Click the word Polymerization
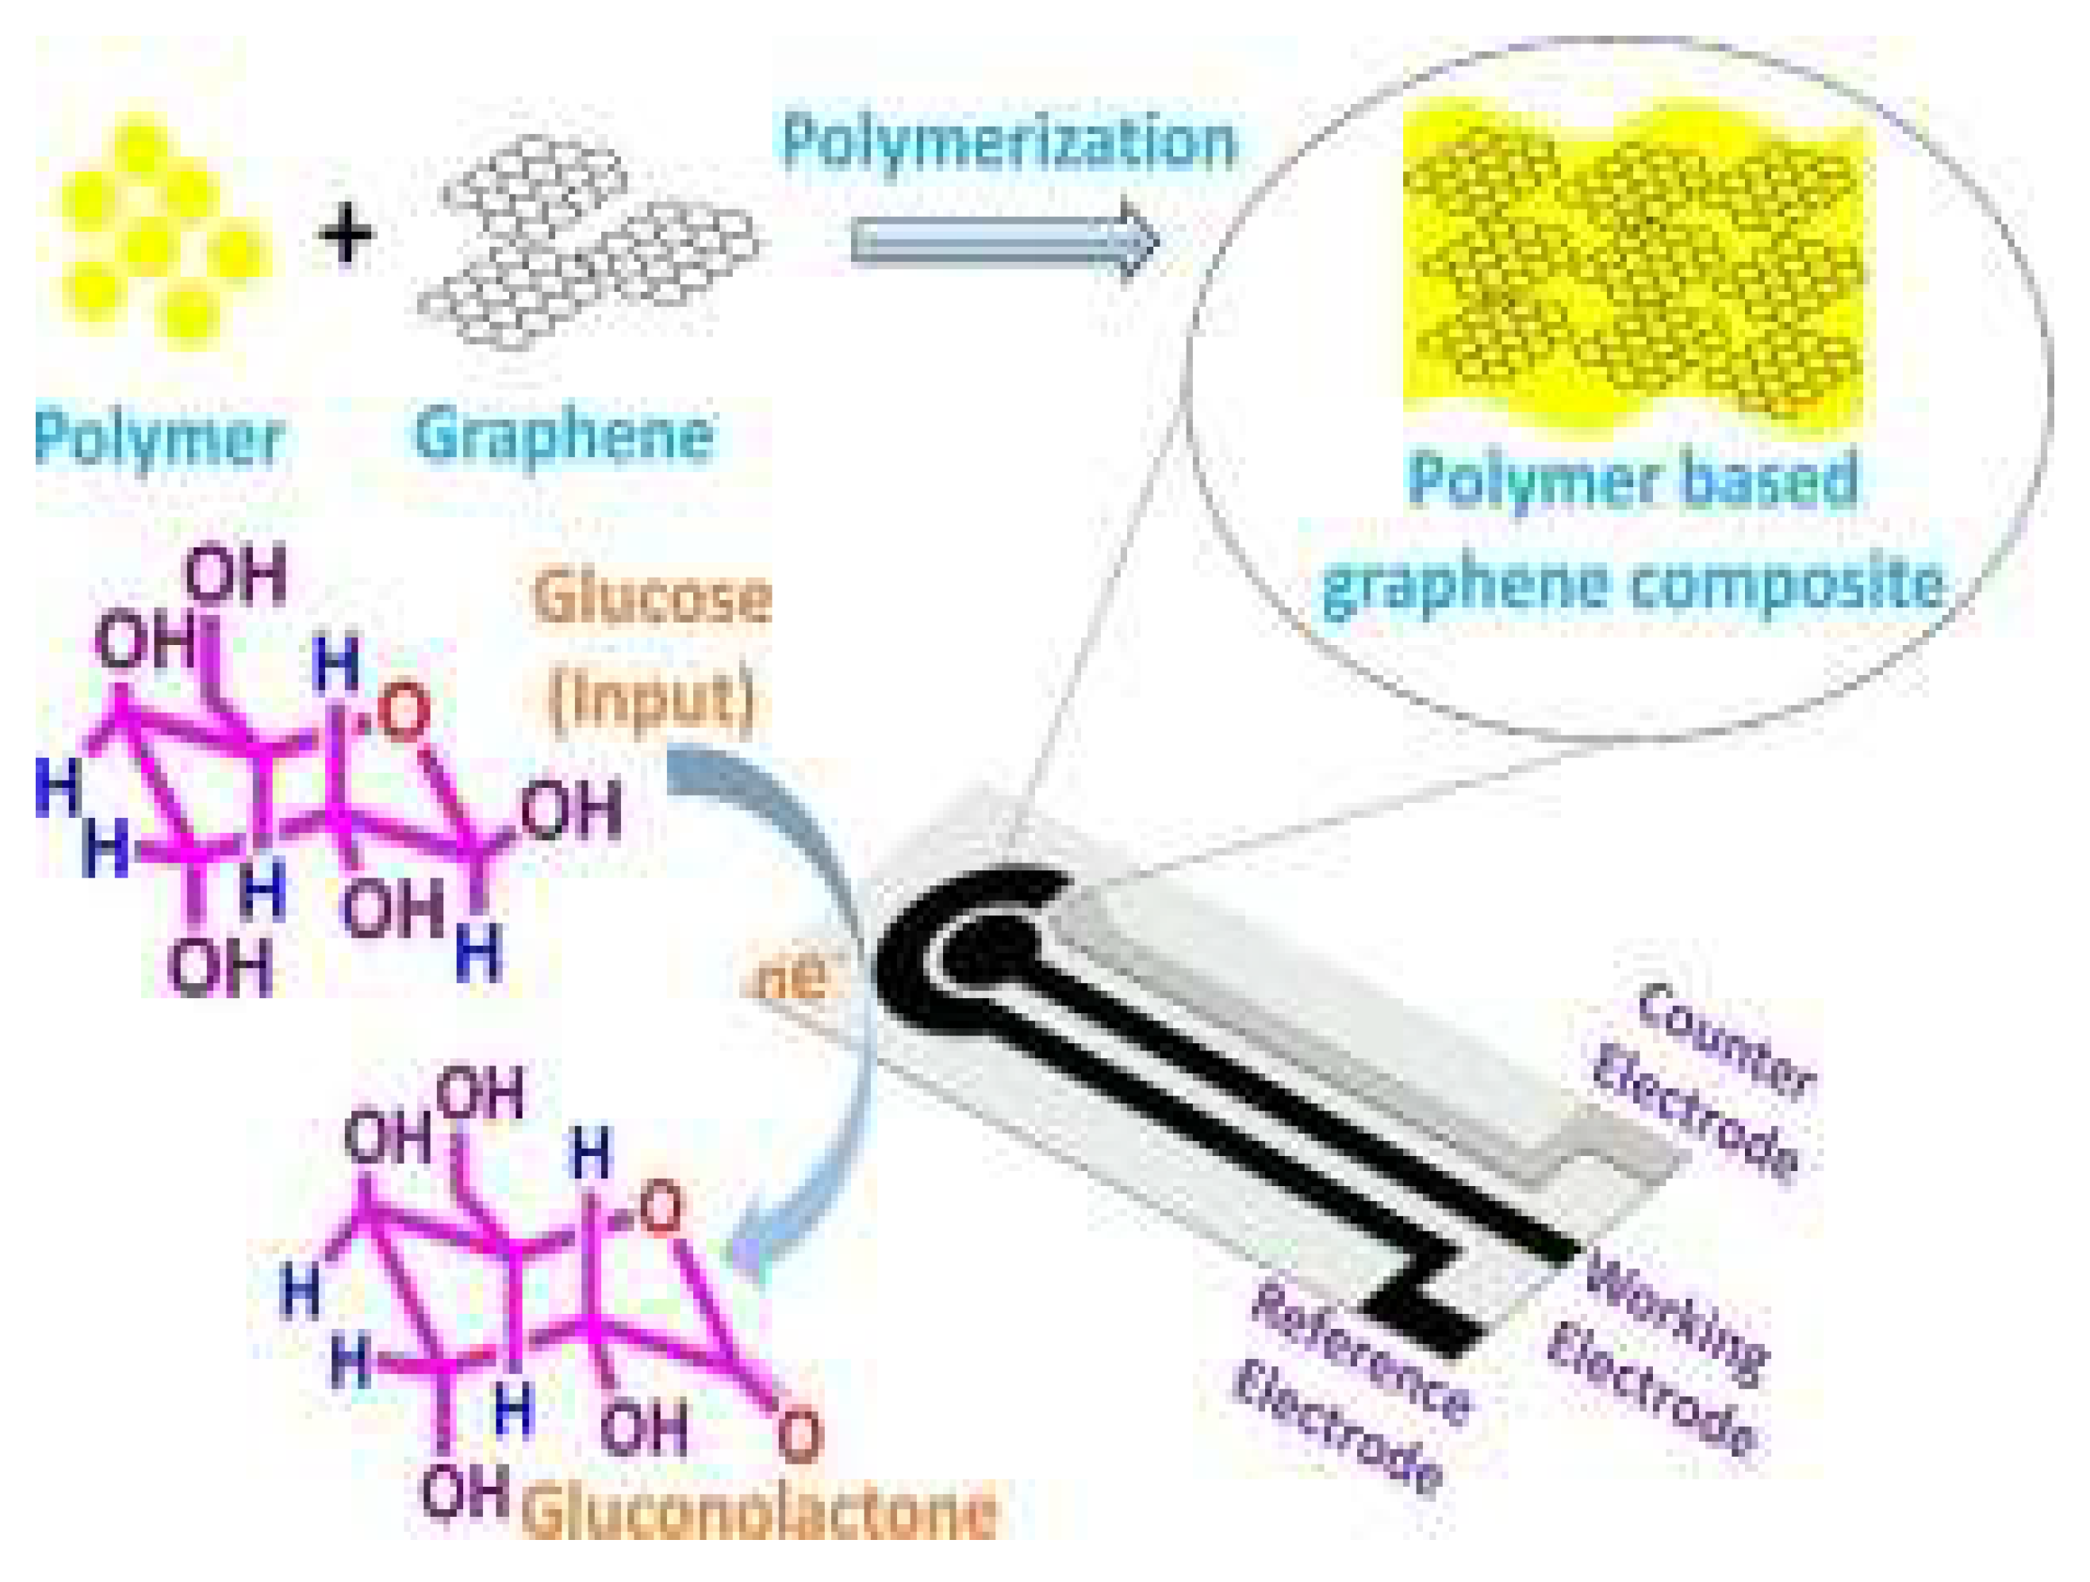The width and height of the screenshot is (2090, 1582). pyautogui.click(x=1008, y=142)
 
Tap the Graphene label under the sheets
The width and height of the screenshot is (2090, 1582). pyautogui.click(x=563, y=436)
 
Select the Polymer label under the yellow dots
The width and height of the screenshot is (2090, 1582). pyautogui.click(x=159, y=439)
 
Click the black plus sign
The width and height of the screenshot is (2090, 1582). pyautogui.click(x=347, y=236)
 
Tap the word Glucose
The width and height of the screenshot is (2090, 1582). pyautogui.click(x=651, y=598)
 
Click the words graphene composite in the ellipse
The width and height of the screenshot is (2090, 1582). pyautogui.click(x=1632, y=583)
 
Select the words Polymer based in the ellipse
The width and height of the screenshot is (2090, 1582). pyautogui.click(x=1632, y=480)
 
